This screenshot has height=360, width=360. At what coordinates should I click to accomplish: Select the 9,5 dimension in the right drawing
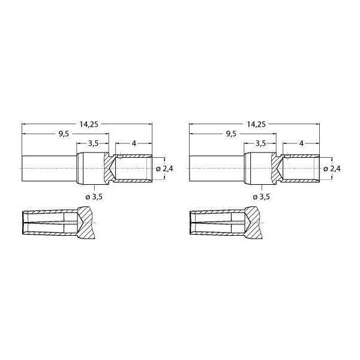tap(231, 134)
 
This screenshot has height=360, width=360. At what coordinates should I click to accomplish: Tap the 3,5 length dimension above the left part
tap(93, 144)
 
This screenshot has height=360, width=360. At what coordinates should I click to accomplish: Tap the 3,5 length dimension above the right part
tap(260, 144)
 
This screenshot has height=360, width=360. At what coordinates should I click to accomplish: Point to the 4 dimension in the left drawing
tap(134, 144)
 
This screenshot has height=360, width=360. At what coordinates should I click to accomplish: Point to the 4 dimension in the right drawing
tap(301, 144)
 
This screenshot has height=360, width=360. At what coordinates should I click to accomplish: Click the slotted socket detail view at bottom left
tap(57, 224)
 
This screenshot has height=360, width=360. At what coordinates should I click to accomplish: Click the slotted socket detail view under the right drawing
tap(224, 224)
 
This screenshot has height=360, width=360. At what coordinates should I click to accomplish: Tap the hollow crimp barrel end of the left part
tap(133, 170)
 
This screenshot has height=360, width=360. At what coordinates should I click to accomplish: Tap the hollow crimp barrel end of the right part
tap(301, 170)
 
